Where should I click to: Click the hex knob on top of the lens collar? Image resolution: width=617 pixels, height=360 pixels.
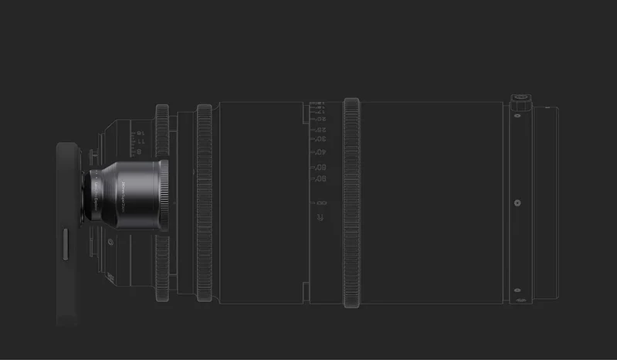click(x=517, y=101)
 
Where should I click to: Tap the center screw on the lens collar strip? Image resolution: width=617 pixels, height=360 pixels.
click(x=517, y=204)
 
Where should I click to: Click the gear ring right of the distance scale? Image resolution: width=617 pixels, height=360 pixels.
click(x=351, y=202)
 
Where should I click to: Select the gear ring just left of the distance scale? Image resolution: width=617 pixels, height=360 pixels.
click(x=205, y=202)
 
